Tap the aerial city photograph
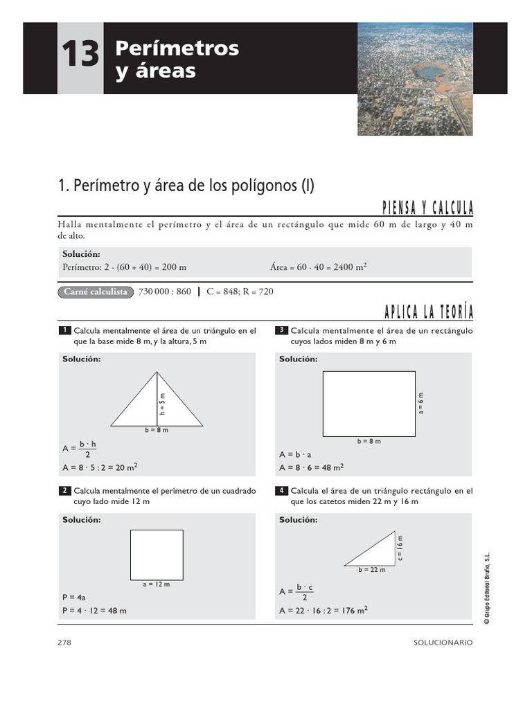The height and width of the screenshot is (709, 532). click(415, 78)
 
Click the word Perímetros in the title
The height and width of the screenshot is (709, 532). click(177, 48)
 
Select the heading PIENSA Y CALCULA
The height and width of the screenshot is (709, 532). click(428, 208)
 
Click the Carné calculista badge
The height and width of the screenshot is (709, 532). click(96, 291)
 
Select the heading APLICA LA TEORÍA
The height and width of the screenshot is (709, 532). click(428, 313)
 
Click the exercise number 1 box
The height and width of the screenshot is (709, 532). click(64, 330)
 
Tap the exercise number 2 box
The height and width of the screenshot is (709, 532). click(64, 491)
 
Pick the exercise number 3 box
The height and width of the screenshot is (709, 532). click(281, 330)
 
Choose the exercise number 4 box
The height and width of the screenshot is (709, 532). click(281, 491)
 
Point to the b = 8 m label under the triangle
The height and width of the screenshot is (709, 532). click(157, 431)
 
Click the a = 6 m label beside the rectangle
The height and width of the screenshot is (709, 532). click(421, 403)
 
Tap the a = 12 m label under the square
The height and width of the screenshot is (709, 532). click(157, 584)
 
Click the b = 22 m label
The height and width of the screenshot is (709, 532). click(372, 570)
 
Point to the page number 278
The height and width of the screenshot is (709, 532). click(64, 643)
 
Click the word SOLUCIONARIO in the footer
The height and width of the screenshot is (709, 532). click(442, 643)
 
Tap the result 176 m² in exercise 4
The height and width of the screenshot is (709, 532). click(353, 610)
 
